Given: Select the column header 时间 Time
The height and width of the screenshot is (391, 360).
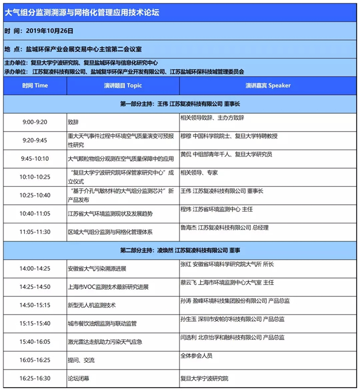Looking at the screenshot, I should [x=35, y=86].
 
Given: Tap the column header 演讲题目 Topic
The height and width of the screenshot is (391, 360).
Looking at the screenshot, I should [x=123, y=86].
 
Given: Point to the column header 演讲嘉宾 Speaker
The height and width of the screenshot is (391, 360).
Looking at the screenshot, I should [x=268, y=86].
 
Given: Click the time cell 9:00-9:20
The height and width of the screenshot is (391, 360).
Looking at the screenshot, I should [x=35, y=122].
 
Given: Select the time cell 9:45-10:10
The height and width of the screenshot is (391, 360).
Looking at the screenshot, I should [x=35, y=159].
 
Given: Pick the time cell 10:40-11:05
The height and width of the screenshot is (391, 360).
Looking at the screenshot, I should [x=35, y=214].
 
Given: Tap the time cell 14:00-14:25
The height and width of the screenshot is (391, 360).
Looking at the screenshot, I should [x=35, y=269].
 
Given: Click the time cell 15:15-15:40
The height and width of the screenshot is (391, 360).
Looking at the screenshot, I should [x=35, y=323].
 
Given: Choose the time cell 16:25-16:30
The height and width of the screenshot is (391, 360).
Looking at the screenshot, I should [x=35, y=378].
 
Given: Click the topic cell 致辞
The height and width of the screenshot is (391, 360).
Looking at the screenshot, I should [x=73, y=122].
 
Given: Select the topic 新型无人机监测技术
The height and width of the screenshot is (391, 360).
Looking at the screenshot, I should [x=92, y=305].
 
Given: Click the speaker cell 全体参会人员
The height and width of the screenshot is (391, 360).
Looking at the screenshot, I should [x=197, y=356].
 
